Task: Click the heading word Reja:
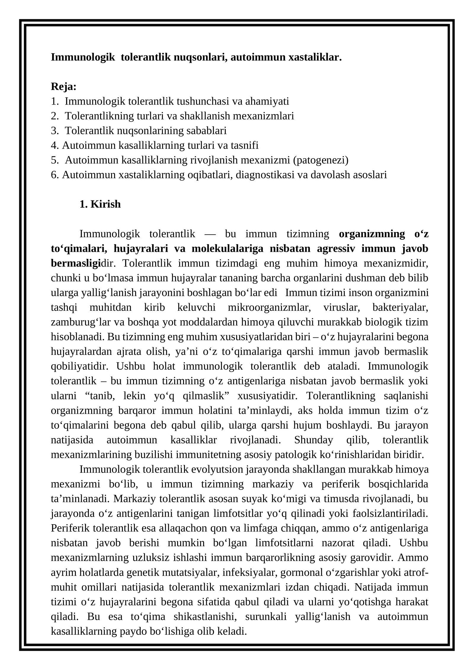[64, 86]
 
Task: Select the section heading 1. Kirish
[100, 204]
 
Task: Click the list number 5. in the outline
[55, 160]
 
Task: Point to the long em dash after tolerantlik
[210, 234]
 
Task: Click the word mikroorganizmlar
[269, 307]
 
